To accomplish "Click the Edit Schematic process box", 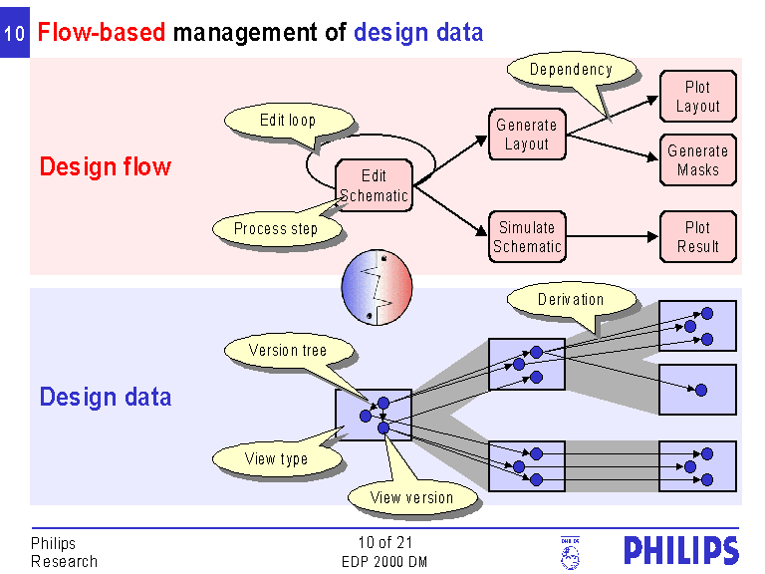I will (x=374, y=185).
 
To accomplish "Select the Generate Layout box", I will (x=527, y=135).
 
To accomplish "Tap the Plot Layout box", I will (x=697, y=97).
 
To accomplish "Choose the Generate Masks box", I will (x=697, y=160).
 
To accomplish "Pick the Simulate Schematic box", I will (x=527, y=237).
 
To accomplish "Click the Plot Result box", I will (x=697, y=237).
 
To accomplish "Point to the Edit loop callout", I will (x=289, y=121).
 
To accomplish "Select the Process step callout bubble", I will (x=276, y=229).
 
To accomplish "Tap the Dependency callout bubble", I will (x=571, y=70).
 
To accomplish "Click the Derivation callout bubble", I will (x=571, y=299).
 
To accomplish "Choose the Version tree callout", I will (x=288, y=350).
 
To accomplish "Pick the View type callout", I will (x=276, y=459).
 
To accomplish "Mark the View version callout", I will (x=411, y=496).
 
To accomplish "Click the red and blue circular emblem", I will (x=377, y=286).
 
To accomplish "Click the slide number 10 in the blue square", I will (x=15, y=34).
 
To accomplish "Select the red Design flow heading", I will (x=106, y=167).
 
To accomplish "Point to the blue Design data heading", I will (x=106, y=398).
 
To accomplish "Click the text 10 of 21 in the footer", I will (x=384, y=543).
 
